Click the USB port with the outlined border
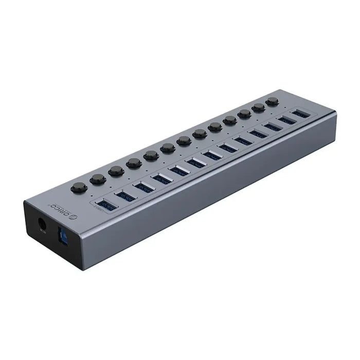click(106, 204)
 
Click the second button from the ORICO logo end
click(98, 178)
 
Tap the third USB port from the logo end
click(143, 187)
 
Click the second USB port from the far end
click(287, 119)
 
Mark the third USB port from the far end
click(273, 126)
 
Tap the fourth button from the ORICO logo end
click(134, 163)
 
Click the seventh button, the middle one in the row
click(184, 140)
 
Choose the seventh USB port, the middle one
click(211, 155)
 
